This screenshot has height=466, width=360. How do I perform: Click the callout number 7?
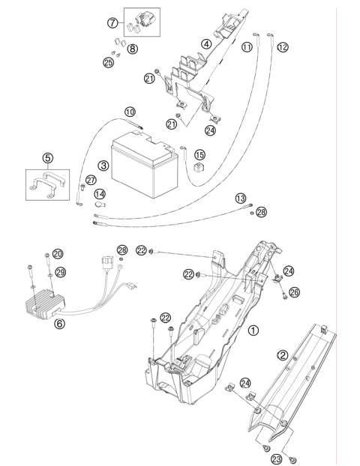click(x=112, y=22)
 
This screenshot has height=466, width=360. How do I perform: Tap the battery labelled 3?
click(x=145, y=165)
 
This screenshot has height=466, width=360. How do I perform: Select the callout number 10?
click(x=130, y=112)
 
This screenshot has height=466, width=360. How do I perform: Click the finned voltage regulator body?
click(x=44, y=304)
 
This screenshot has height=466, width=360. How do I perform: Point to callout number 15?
click(x=200, y=154)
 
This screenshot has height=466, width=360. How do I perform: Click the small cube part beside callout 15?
click(x=199, y=167)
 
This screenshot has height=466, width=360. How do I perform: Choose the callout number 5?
click(x=47, y=158)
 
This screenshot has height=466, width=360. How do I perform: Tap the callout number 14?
click(x=100, y=194)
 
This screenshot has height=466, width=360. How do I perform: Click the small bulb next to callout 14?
click(x=99, y=205)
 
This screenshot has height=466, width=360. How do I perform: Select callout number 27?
click(x=91, y=180)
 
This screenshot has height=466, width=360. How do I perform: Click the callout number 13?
click(x=241, y=199)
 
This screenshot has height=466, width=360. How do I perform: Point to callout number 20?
click(x=58, y=253)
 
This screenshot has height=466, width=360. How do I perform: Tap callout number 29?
click(x=61, y=272)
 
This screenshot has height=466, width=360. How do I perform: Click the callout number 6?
click(x=59, y=324)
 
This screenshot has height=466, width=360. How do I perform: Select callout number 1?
click(x=253, y=330)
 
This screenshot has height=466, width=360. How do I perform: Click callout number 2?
click(x=283, y=355)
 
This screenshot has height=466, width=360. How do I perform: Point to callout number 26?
click(x=294, y=292)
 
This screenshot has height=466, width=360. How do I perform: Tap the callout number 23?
click(x=277, y=459)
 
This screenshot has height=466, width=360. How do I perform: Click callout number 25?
click(x=109, y=62)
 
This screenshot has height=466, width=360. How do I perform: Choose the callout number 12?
click(x=283, y=47)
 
